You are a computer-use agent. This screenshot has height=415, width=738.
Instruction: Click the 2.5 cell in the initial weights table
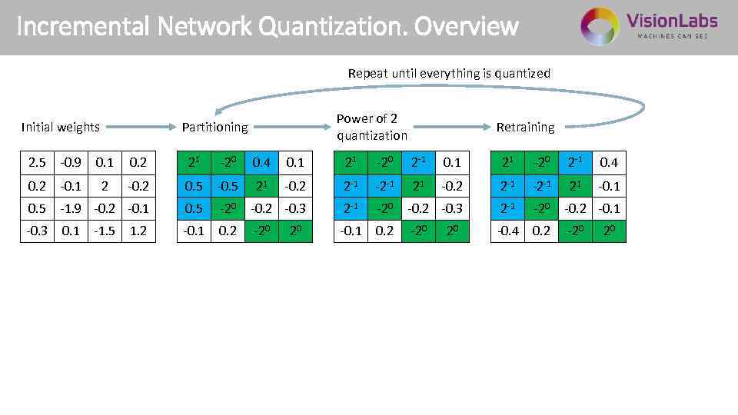pyautogui.click(x=37, y=163)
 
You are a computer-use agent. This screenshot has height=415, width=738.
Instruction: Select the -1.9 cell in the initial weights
pyautogui.click(x=71, y=208)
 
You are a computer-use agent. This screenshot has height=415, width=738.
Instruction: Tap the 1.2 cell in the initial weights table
pyautogui.click(x=138, y=231)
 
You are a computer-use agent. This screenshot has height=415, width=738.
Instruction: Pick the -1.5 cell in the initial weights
pyautogui.click(x=105, y=231)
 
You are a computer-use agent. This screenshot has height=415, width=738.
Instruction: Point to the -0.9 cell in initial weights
pyautogui.click(x=71, y=163)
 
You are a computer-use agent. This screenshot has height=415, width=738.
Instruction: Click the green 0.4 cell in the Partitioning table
pyautogui.click(x=262, y=163)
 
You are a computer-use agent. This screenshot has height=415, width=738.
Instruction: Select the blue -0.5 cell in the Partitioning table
pyautogui.click(x=228, y=186)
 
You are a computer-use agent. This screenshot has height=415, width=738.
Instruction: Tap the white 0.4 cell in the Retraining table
pyautogui.click(x=609, y=163)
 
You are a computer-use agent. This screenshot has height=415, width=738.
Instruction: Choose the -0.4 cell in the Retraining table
pyautogui.click(x=508, y=231)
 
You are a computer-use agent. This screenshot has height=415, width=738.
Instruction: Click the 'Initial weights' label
pyautogui.click(x=61, y=127)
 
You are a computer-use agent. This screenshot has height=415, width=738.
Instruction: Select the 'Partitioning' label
pyautogui.click(x=214, y=127)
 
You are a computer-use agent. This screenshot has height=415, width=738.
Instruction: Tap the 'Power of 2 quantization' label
pyautogui.click(x=372, y=127)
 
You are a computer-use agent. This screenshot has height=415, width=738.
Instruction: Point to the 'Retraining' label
pyautogui.click(x=525, y=127)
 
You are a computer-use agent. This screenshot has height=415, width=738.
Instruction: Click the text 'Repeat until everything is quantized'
pyautogui.click(x=449, y=74)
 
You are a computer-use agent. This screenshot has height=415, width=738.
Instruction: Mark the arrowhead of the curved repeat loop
pyautogui.click(x=219, y=110)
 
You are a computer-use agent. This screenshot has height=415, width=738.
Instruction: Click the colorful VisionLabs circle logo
pyautogui.click(x=599, y=27)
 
